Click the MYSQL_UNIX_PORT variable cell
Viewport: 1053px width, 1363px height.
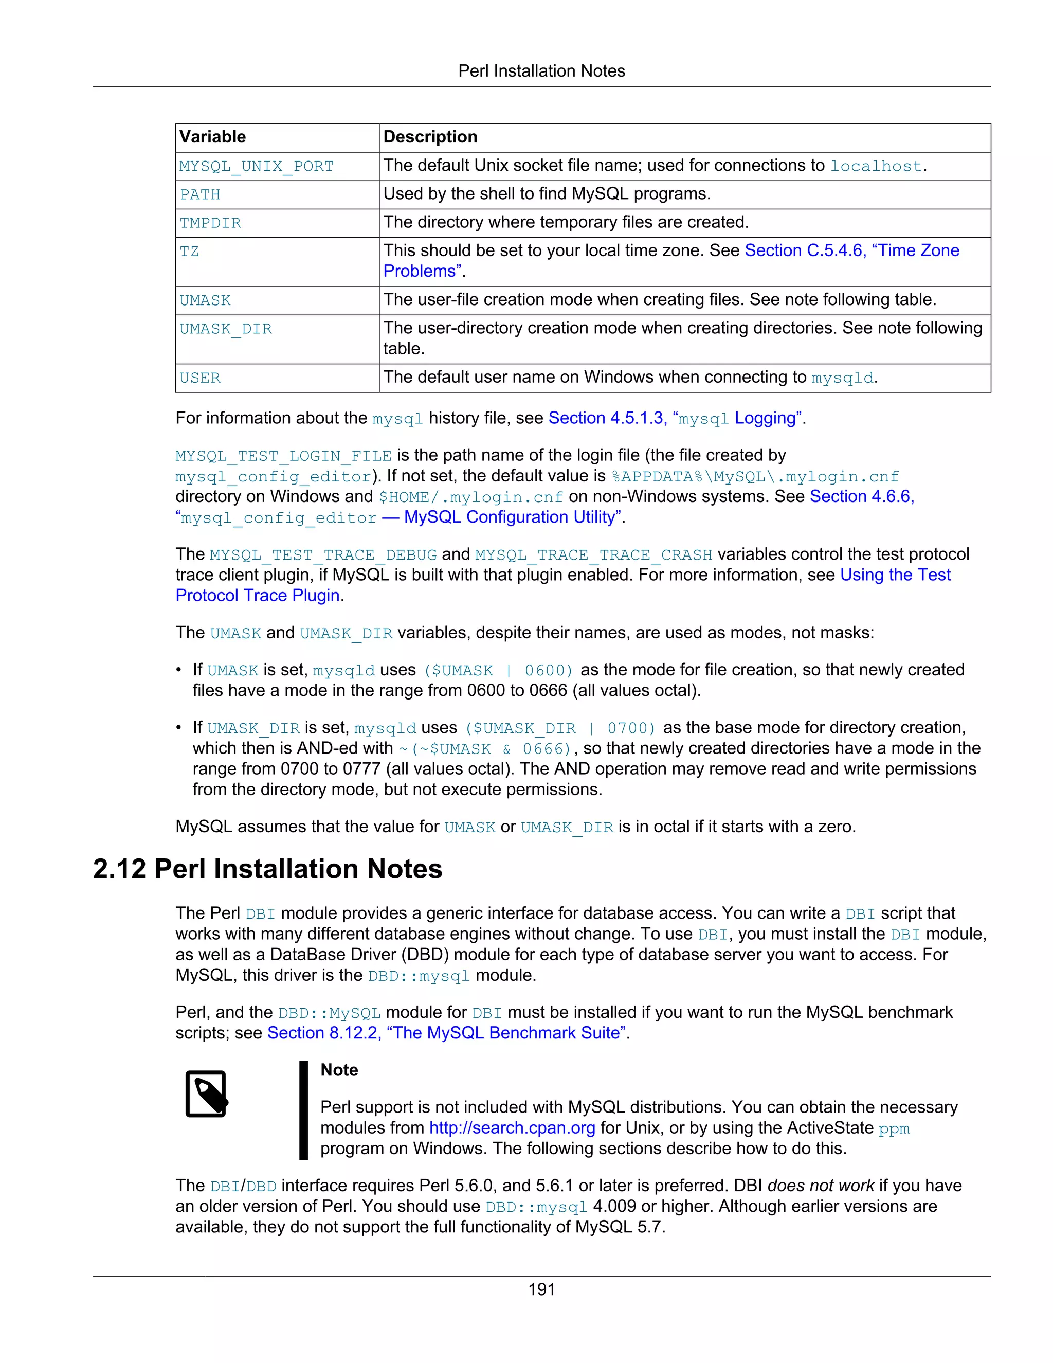(257, 167)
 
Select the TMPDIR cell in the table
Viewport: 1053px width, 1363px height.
(210, 223)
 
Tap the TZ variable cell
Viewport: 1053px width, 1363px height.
(190, 252)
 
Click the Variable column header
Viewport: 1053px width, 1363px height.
(213, 137)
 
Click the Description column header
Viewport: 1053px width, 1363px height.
(430, 137)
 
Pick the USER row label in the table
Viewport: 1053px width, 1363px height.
(200, 378)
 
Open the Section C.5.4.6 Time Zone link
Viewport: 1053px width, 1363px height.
(851, 251)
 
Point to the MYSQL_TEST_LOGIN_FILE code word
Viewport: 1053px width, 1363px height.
(283, 456)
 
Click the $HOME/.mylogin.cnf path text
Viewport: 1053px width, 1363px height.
(471, 497)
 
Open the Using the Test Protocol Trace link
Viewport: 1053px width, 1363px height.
(895, 575)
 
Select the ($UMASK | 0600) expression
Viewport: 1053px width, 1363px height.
(498, 670)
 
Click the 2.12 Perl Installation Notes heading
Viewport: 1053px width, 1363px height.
(267, 869)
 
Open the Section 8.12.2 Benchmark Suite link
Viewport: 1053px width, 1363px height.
(446, 1033)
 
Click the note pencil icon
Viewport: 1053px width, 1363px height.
(207, 1093)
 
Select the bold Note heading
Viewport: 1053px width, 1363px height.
(339, 1070)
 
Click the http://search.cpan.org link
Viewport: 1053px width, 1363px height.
(512, 1128)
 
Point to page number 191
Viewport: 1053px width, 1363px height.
(541, 1289)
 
